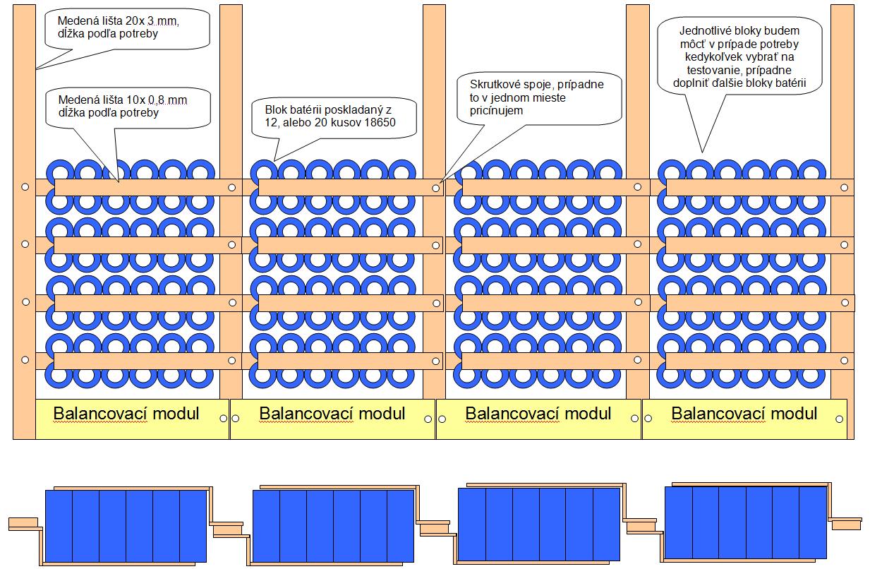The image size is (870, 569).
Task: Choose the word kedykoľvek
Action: tap(704, 57)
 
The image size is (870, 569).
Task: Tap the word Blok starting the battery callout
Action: tap(277, 109)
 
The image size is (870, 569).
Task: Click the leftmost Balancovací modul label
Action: tap(126, 413)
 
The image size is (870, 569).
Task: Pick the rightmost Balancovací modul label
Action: tap(744, 413)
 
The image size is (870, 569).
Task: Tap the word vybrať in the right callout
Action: tap(765, 57)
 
